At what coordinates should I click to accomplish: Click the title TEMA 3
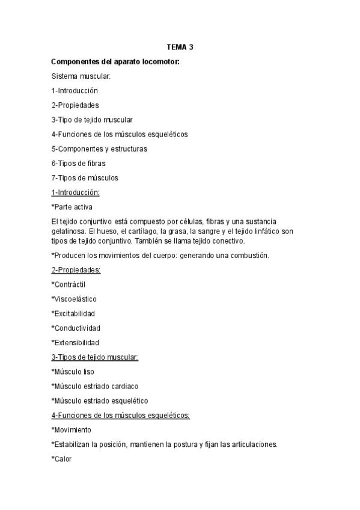tap(180, 47)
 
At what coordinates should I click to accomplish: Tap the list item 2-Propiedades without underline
tap(75, 105)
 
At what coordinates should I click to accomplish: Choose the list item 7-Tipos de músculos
tap(85, 177)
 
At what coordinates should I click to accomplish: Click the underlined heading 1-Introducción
tap(75, 192)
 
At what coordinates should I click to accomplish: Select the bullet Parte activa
tap(72, 207)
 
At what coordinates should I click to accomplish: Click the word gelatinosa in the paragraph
tap(70, 231)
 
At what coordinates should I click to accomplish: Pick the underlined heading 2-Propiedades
tap(76, 270)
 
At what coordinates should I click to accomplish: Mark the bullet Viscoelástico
tap(74, 299)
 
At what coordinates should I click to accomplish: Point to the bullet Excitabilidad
tap(73, 313)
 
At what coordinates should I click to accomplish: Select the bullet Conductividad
tap(76, 328)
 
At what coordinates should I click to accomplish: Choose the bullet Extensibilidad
tap(76, 342)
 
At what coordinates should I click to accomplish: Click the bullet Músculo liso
tap(73, 372)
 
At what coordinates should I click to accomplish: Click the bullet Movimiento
tap(72, 429)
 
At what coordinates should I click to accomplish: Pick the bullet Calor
tap(63, 458)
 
